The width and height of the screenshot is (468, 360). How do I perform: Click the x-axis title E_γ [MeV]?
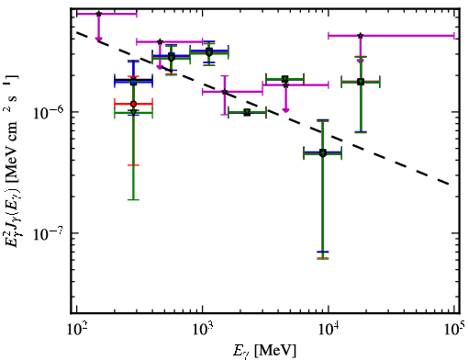tap(264, 351)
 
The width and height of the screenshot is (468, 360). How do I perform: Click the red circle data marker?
tap(133, 104)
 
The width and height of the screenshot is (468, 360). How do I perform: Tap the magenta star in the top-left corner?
tap(98, 14)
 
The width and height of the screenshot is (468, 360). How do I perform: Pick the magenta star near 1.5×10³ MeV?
tap(225, 92)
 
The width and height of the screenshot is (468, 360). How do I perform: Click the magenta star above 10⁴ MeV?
tap(361, 36)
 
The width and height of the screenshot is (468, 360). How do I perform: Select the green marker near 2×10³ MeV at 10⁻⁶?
tap(247, 113)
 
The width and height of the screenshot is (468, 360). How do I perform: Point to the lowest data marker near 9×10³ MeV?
tap(322, 152)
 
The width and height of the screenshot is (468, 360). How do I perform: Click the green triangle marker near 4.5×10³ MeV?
tap(285, 79)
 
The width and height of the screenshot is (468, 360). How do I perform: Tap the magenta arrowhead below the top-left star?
tap(98, 39)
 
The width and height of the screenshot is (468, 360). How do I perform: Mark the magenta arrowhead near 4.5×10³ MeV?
tap(285, 110)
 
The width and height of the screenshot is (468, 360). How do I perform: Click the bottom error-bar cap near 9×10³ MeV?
tap(322, 259)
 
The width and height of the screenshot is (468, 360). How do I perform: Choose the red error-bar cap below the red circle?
tap(133, 165)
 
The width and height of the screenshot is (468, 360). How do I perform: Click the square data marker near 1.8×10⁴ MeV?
tap(361, 82)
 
